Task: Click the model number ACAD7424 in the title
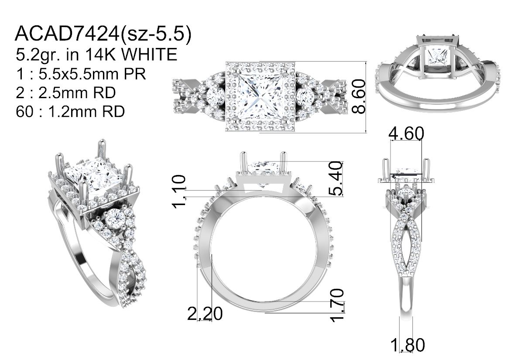[x=67, y=34]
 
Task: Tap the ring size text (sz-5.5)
[x=156, y=34]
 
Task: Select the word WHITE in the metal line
[x=149, y=54]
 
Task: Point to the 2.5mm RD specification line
[x=65, y=93]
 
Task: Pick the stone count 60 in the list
[x=24, y=111]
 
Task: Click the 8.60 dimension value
[x=358, y=96]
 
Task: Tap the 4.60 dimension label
[x=406, y=133]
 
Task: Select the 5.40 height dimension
[x=336, y=178]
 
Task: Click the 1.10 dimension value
[x=178, y=192]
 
